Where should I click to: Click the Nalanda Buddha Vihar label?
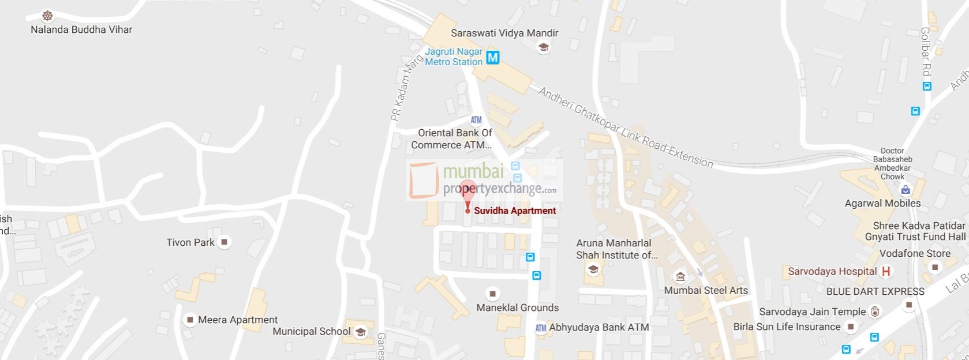81,29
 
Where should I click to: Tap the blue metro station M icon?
492,57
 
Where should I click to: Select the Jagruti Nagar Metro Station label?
454,57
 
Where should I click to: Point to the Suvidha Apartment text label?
515,211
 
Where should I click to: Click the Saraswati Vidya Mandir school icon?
543,48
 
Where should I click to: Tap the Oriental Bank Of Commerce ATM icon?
476,121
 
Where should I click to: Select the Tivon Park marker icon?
225,242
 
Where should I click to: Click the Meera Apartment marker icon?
189,320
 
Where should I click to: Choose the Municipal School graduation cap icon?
360,332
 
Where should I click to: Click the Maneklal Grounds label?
517,307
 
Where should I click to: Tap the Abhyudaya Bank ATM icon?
540,328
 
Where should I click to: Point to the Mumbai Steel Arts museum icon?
680,277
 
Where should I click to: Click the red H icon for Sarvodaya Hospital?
886,271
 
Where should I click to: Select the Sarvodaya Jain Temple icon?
876,312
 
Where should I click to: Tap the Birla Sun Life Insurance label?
787,327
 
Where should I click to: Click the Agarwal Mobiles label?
882,203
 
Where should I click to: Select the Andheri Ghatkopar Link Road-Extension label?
626,127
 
